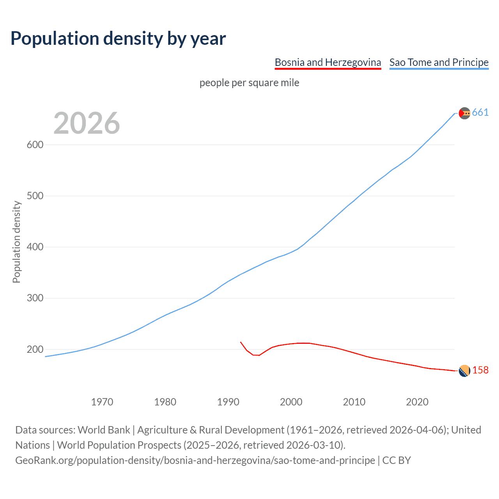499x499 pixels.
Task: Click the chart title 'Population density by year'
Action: point(118,39)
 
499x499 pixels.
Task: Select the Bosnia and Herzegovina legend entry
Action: point(327,62)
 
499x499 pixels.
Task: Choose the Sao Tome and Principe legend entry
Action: point(439,62)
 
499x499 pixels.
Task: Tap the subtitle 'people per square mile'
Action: point(249,83)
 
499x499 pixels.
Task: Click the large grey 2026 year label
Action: point(87,123)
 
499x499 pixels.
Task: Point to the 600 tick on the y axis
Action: point(35,145)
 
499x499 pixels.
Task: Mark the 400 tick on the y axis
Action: point(35,247)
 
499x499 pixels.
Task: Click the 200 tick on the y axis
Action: point(35,349)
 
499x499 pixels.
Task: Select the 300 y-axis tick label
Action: point(35,298)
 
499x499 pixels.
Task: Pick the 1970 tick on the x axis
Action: point(102,402)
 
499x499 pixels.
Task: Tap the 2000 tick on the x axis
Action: point(291,402)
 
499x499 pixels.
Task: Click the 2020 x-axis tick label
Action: point(417,402)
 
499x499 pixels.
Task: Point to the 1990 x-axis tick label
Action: point(228,402)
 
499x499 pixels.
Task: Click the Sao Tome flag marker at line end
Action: point(464,113)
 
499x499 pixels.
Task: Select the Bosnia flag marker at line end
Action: point(464,371)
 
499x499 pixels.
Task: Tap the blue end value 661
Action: point(480,113)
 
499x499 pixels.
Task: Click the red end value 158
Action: point(480,370)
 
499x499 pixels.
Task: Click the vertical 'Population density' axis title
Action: point(16,242)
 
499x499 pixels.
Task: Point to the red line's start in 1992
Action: point(241,342)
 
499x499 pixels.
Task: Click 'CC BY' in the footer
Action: point(396,460)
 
